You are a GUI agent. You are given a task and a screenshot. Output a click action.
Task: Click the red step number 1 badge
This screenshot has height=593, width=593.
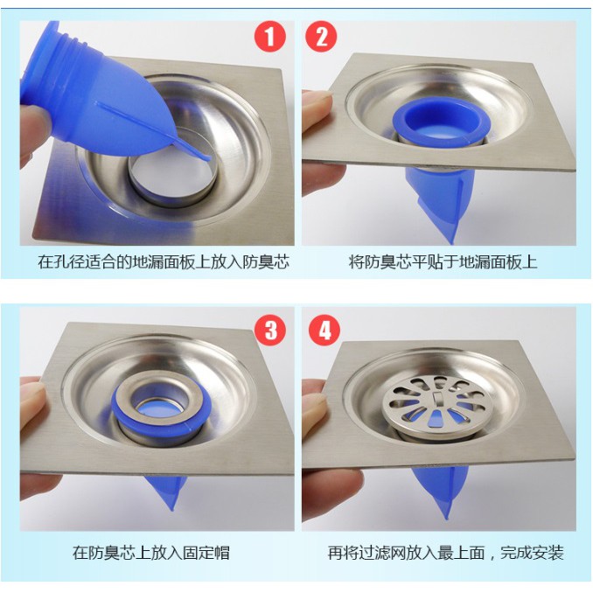coord(269,37)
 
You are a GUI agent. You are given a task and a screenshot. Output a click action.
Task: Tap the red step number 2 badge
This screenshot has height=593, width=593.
coord(321,37)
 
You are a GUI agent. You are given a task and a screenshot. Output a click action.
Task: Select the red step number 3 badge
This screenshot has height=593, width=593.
coord(270,330)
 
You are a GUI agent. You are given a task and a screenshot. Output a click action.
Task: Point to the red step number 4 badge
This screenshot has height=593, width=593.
coord(324,330)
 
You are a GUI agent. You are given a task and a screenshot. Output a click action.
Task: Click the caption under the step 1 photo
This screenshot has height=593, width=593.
coord(164,262)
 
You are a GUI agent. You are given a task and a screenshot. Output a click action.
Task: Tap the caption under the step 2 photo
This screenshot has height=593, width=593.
coord(443,262)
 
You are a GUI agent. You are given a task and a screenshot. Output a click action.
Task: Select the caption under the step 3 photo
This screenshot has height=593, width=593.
coord(151,553)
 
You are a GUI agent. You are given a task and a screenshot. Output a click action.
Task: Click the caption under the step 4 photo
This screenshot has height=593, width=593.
coord(446,553)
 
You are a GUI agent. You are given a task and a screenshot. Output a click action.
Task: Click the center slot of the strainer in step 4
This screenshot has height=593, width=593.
coord(438,398)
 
